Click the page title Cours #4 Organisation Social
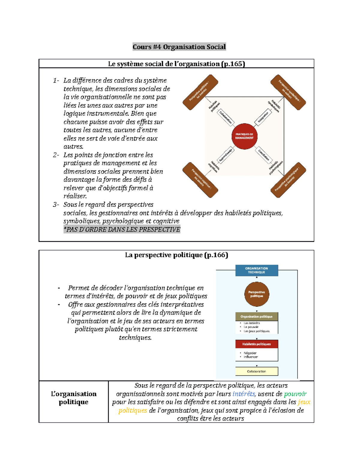click(x=179, y=47)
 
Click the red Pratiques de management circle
click(x=244, y=136)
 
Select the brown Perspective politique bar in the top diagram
click(x=200, y=92)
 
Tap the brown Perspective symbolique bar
click(x=288, y=92)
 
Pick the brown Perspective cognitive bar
click(x=200, y=180)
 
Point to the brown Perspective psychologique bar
click(x=288, y=180)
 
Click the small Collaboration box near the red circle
click(x=226, y=117)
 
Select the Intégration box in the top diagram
click(x=263, y=117)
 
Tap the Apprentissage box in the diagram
click(x=226, y=155)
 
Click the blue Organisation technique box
click(x=256, y=270)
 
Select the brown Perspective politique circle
click(x=256, y=294)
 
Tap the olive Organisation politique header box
click(x=256, y=317)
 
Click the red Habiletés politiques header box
click(x=256, y=344)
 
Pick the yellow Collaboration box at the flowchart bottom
click(x=256, y=371)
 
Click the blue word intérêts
click(x=244, y=394)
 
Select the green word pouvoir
click(x=295, y=394)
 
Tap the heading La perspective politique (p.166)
click(x=176, y=255)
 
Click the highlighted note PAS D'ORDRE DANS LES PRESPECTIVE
click(x=122, y=230)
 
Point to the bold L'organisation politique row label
click(x=73, y=398)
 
